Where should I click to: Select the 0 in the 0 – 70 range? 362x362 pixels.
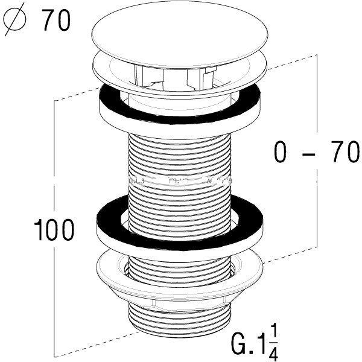[x=279, y=153]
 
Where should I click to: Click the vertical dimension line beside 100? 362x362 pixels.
[x=56, y=181]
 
